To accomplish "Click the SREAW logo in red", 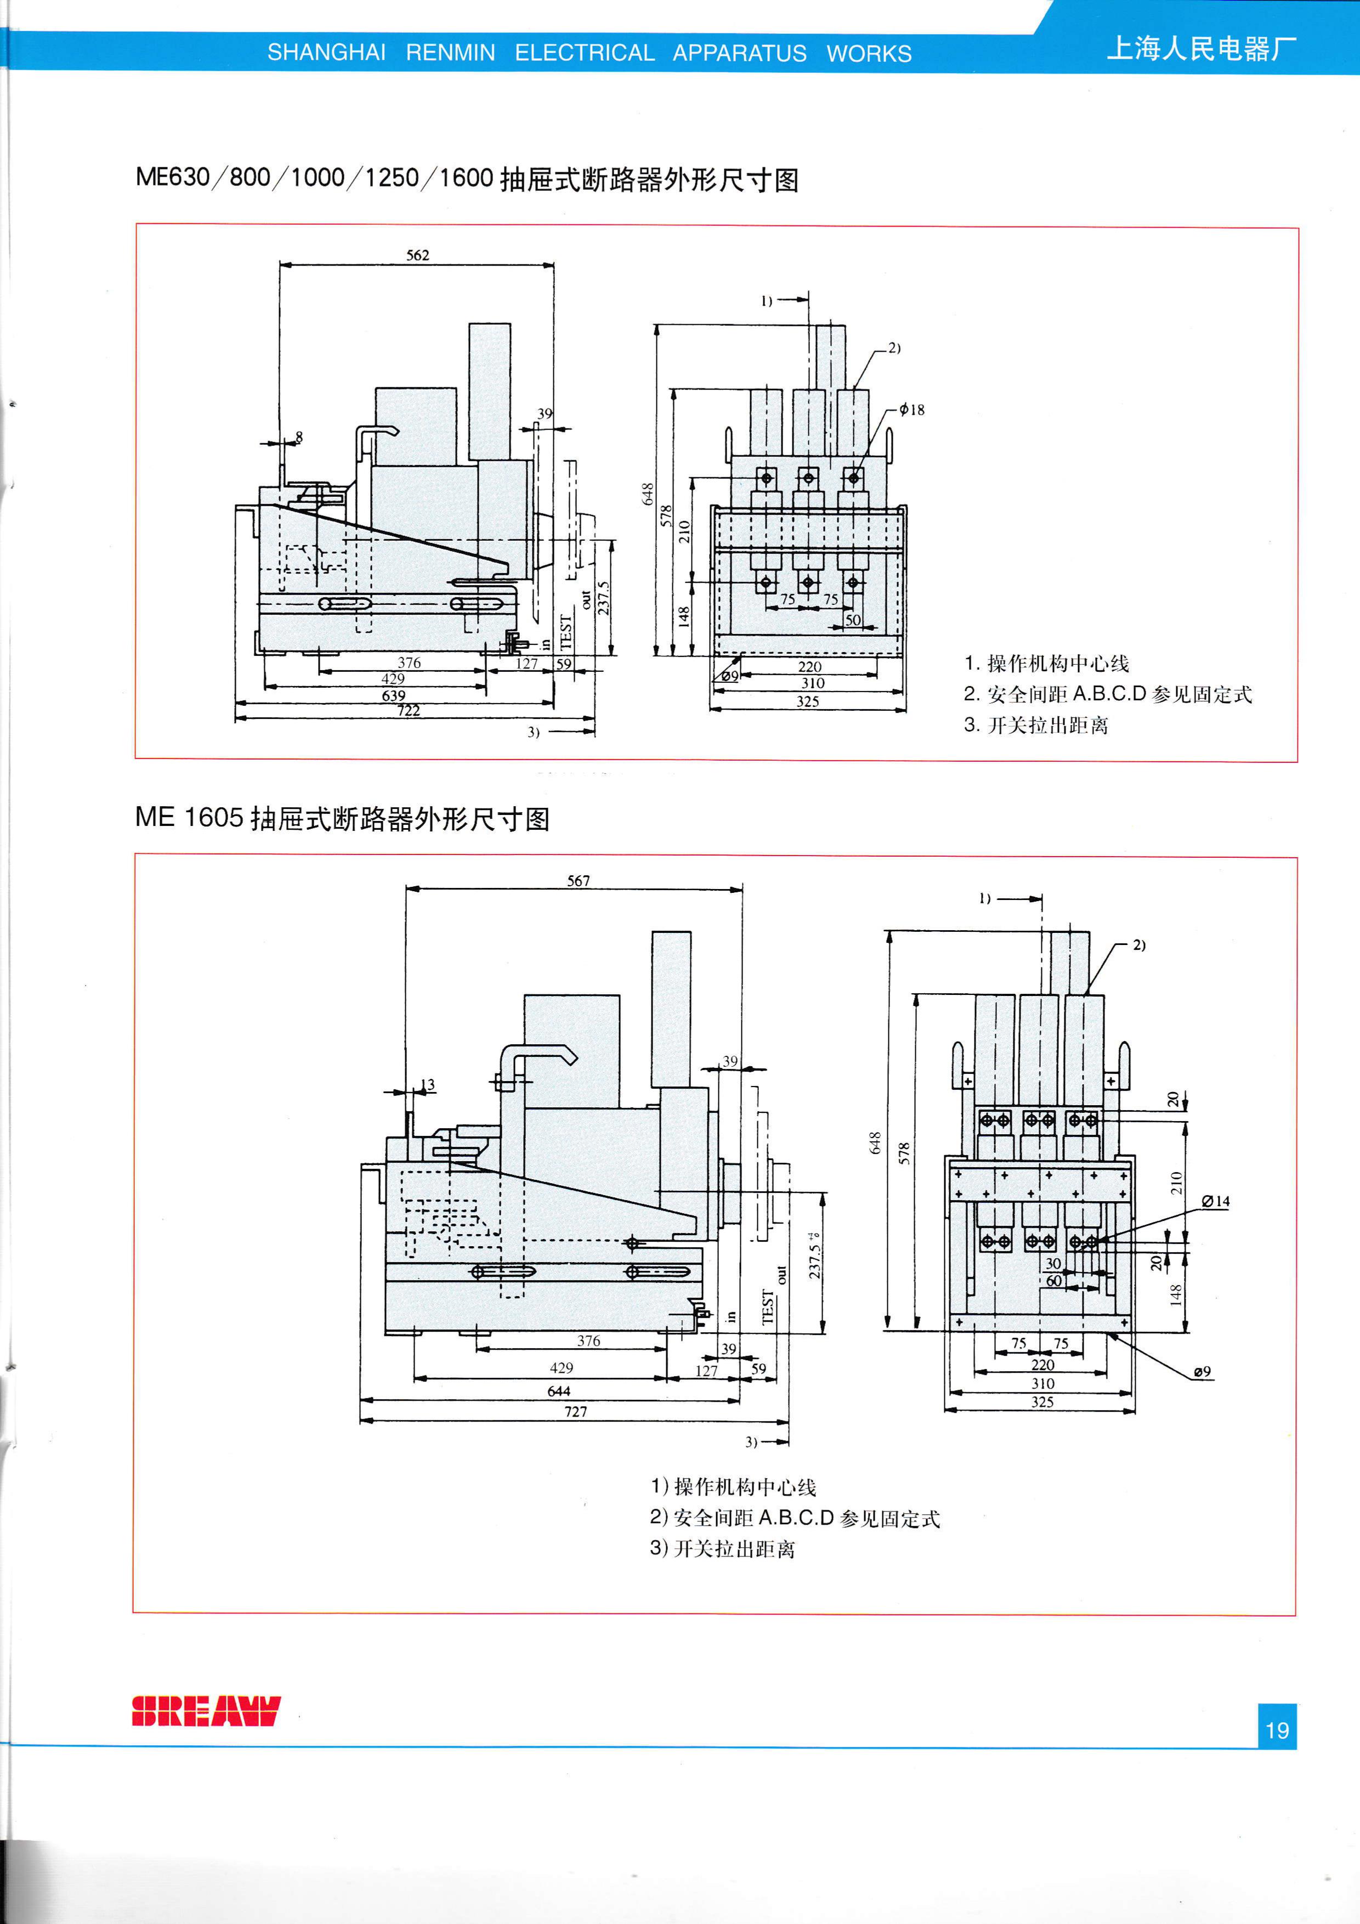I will coord(205,1711).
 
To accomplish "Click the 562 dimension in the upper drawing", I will coord(417,254).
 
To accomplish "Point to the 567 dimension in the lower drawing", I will coord(578,881).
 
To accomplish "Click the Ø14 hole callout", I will coord(1215,1201).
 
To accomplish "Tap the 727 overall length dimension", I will coord(576,1411).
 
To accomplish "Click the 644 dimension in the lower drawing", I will coord(558,1391).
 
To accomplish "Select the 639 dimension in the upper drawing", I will coord(393,695).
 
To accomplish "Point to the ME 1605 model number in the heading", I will coord(189,817).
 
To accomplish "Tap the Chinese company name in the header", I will coord(1202,49).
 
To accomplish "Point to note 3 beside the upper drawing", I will coord(1036,725).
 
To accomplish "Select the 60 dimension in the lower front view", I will coord(1053,1281).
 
